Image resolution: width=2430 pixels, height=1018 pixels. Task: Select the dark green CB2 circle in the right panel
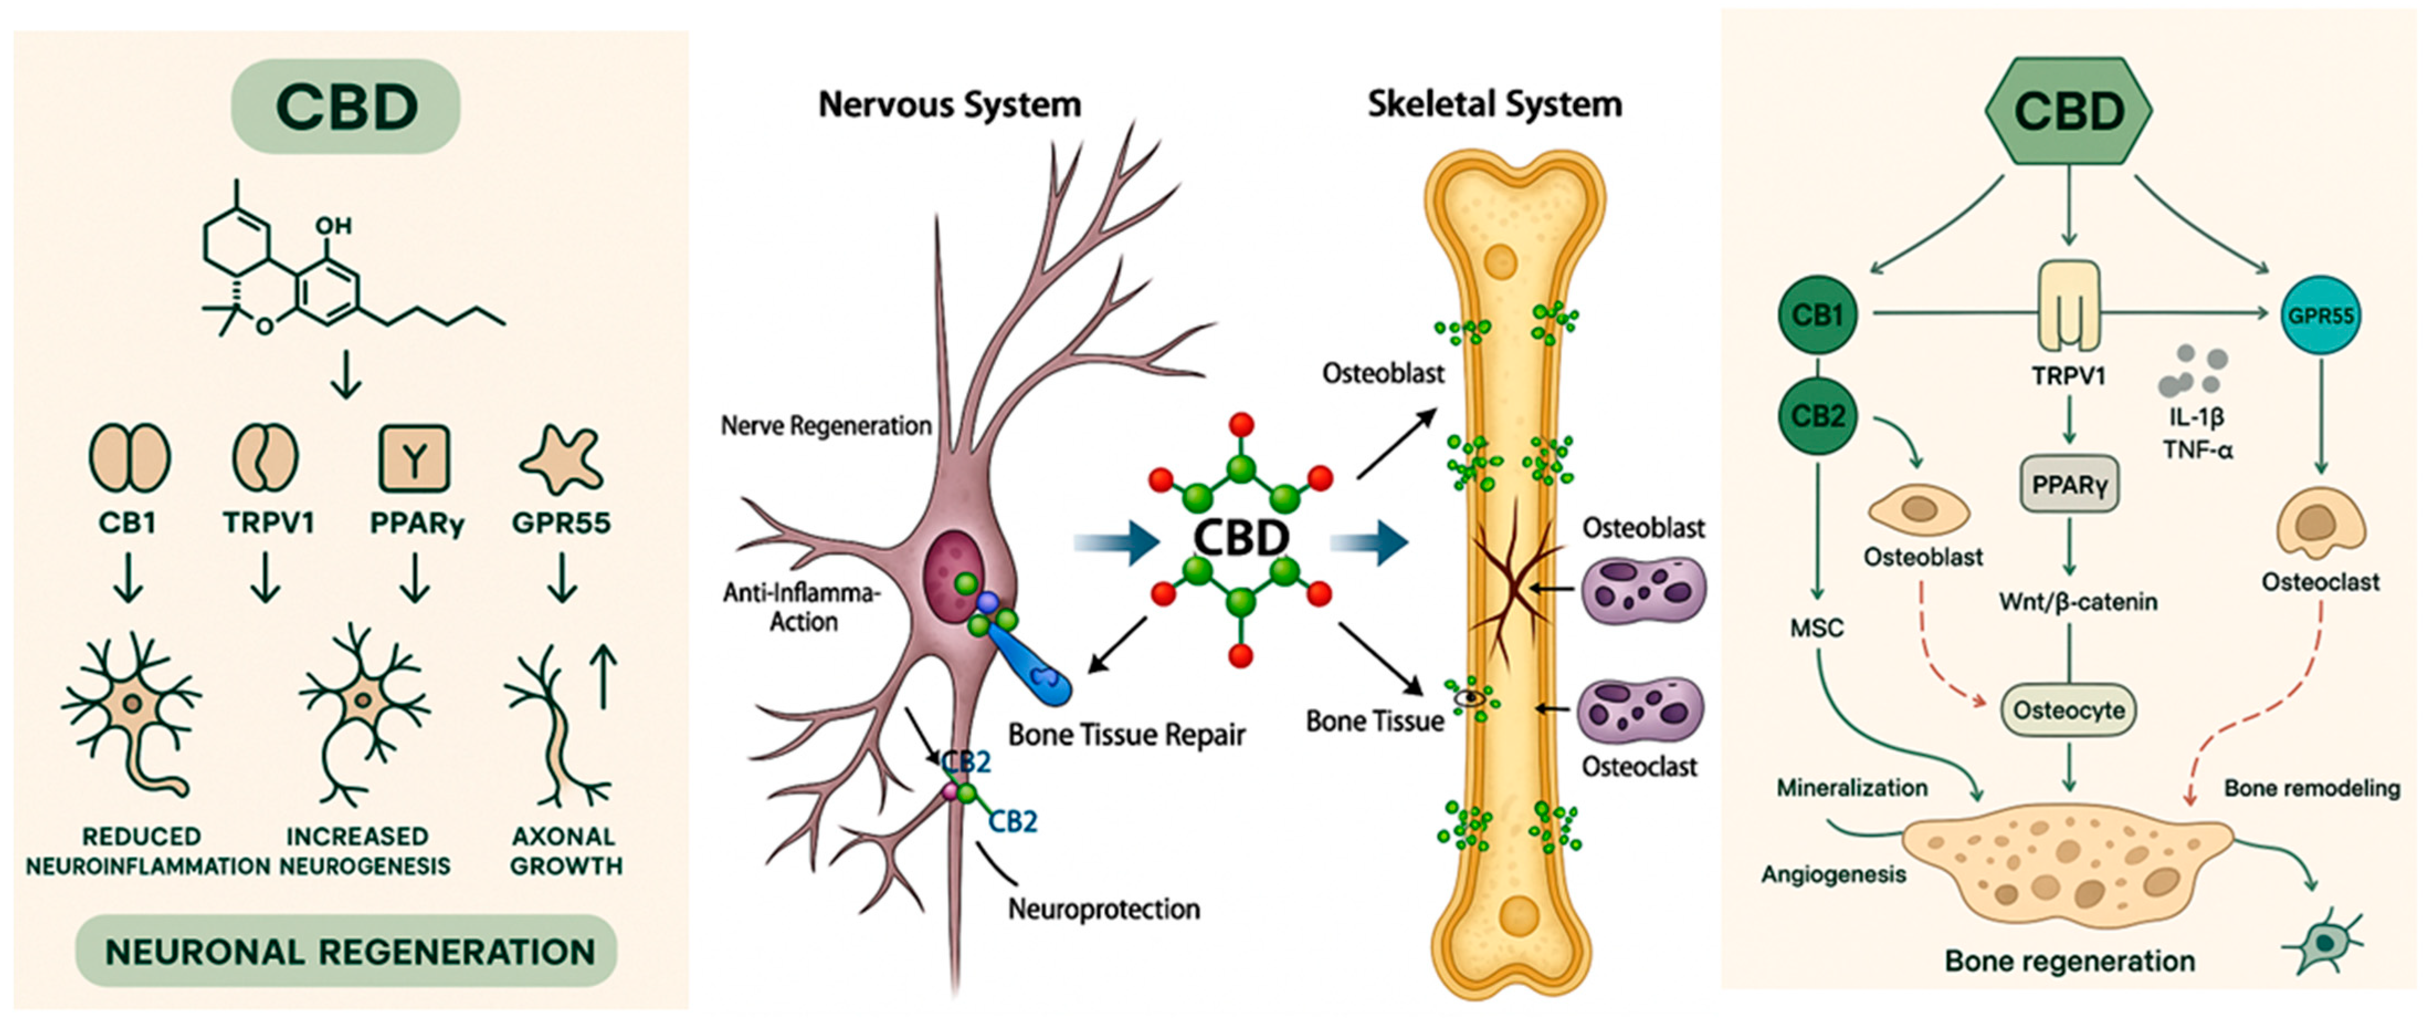pyautogui.click(x=1817, y=416)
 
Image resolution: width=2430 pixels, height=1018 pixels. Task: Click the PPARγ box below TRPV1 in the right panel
pyautogui.click(x=2069, y=485)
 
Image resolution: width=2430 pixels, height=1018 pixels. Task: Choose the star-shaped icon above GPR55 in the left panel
pyautogui.click(x=561, y=460)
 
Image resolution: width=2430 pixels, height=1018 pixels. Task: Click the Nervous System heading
pyautogui.click(x=949, y=104)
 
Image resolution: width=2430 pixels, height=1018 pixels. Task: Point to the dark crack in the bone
pyautogui.click(x=1514, y=585)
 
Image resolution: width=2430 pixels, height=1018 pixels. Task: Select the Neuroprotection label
pyautogui.click(x=1104, y=909)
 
